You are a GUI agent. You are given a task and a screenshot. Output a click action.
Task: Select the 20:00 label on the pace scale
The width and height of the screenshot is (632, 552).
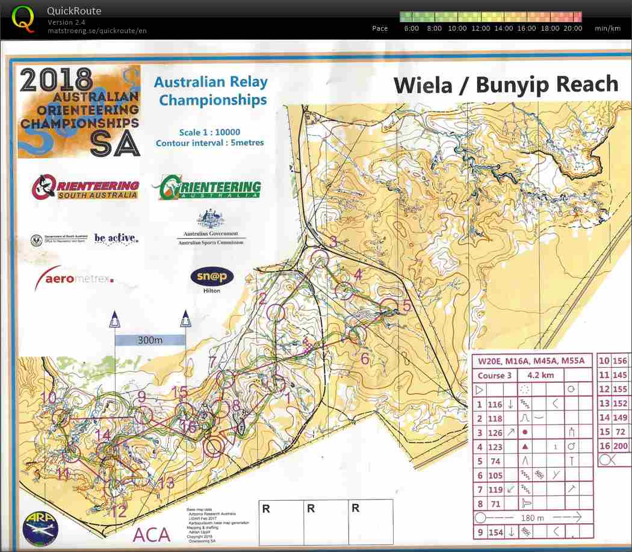(x=573, y=28)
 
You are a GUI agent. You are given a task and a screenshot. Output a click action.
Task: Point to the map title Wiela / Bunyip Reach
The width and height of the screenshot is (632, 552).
(x=506, y=85)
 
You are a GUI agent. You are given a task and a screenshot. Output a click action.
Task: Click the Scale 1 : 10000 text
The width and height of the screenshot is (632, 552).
(x=209, y=132)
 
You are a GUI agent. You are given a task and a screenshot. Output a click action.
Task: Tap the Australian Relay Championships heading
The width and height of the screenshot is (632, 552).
(x=211, y=91)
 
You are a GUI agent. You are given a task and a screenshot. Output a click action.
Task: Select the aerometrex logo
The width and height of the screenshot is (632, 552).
(x=74, y=278)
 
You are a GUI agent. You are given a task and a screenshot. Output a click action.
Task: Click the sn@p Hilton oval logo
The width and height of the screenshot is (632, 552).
(x=212, y=278)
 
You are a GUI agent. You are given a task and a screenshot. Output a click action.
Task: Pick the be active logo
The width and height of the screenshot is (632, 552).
(x=116, y=238)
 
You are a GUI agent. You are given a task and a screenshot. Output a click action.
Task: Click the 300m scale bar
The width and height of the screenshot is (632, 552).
(x=150, y=340)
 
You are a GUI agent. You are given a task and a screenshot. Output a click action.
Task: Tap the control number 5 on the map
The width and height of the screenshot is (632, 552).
(x=407, y=306)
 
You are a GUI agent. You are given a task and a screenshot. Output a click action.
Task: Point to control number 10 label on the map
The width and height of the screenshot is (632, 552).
(x=48, y=398)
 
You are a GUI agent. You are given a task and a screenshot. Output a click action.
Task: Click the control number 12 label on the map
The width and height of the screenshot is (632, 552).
(x=119, y=512)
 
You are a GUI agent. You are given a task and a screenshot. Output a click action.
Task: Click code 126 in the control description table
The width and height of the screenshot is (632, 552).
(x=495, y=432)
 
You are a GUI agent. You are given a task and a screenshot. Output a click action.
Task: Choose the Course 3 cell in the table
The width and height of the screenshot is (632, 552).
(x=495, y=375)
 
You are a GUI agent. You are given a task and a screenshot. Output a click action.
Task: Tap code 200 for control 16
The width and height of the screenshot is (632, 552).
(x=619, y=446)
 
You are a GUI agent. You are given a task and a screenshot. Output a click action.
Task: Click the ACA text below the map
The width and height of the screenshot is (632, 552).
(x=152, y=534)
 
